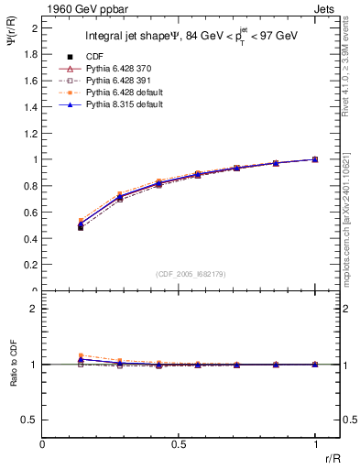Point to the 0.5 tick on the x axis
point(179,445)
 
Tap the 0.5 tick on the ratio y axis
point(30,420)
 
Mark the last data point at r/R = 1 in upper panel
point(315,159)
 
